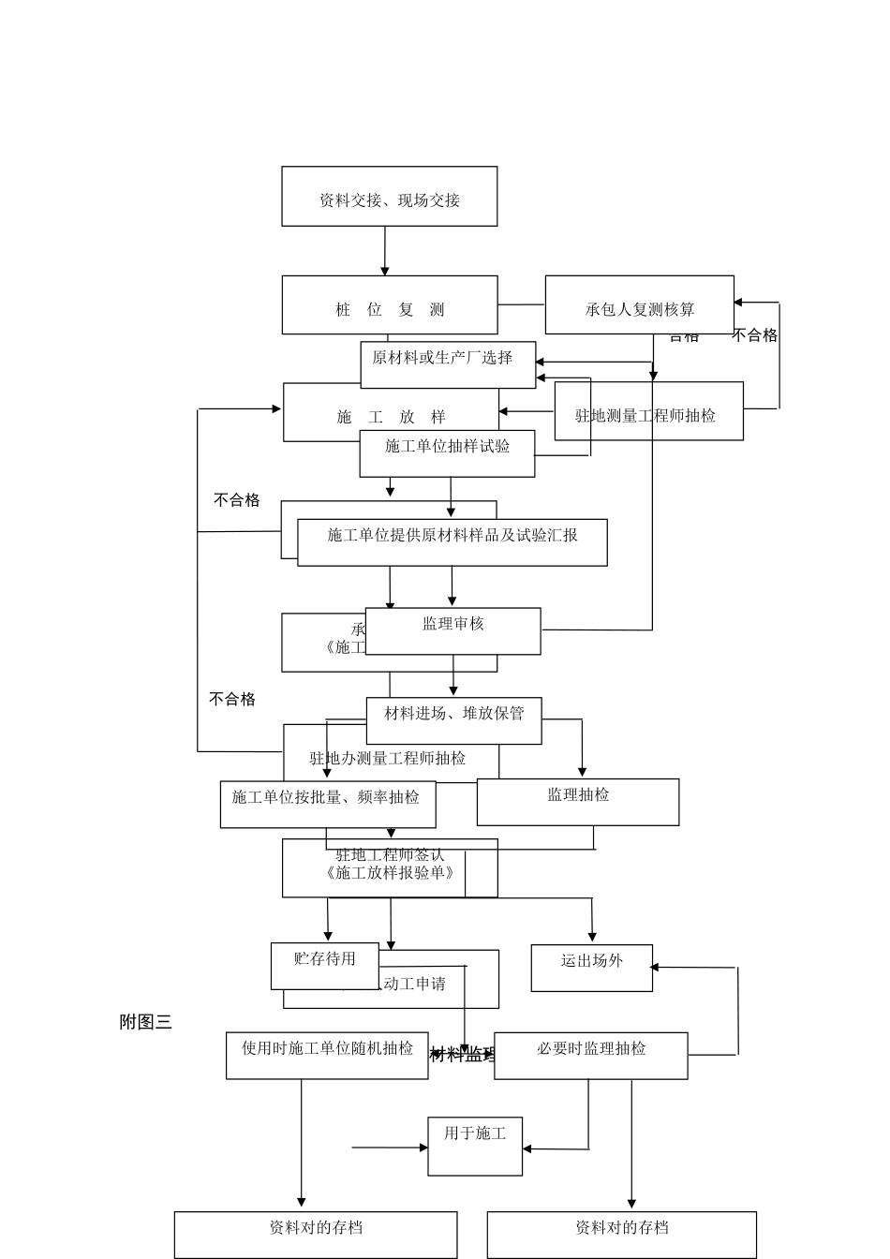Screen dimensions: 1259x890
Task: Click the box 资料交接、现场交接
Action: tap(389, 197)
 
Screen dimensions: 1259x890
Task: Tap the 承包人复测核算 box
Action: tap(639, 305)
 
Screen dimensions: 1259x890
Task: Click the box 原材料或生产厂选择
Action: tap(448, 363)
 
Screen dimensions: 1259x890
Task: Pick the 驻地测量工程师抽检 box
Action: tap(648, 412)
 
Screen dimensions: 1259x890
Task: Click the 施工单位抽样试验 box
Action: tap(447, 452)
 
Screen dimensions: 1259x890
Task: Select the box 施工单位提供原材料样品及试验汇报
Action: tap(452, 541)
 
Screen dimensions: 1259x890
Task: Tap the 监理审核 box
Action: tap(452, 630)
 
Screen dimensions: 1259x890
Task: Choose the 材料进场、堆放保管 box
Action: tap(453, 719)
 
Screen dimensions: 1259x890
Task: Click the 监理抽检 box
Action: tap(577, 801)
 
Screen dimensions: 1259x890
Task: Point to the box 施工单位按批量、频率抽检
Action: tap(327, 804)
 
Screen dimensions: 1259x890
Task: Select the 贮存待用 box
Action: tap(324, 965)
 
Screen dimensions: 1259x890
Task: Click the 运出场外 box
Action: tap(591, 967)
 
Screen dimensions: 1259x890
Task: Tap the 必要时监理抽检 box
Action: tap(590, 1055)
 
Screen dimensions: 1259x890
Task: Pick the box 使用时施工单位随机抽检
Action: tap(326, 1055)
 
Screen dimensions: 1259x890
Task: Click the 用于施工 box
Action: tap(474, 1145)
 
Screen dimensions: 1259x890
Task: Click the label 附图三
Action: tap(145, 1022)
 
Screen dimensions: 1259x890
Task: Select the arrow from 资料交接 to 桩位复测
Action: tap(384, 250)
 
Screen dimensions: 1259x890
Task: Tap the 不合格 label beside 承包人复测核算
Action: tap(755, 335)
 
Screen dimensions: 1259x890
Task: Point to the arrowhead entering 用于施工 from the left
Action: tap(423, 1147)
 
